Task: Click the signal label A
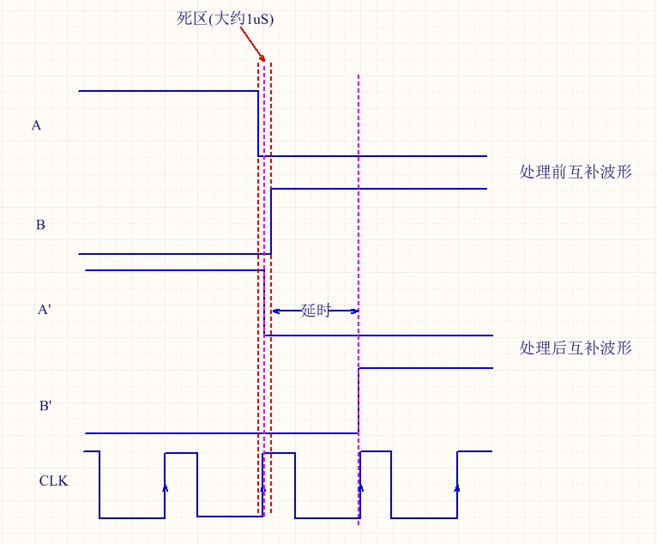(x=36, y=125)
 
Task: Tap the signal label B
(x=40, y=225)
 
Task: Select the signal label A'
(x=45, y=309)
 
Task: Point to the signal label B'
(x=45, y=406)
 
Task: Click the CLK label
(x=53, y=481)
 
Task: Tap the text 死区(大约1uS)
(x=225, y=19)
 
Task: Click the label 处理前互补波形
(x=576, y=172)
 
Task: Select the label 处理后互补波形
(x=576, y=348)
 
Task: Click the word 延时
(x=316, y=311)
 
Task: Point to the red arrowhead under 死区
(x=262, y=57)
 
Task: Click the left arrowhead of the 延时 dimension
(x=276, y=311)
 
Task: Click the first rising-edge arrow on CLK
(x=165, y=487)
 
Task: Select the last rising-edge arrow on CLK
(x=457, y=487)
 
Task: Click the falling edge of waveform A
(x=258, y=124)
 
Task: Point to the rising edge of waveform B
(x=271, y=221)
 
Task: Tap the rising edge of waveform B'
(x=359, y=401)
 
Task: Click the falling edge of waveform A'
(x=264, y=303)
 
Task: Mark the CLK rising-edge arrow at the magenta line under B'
(x=361, y=487)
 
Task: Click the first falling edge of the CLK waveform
(x=99, y=485)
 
